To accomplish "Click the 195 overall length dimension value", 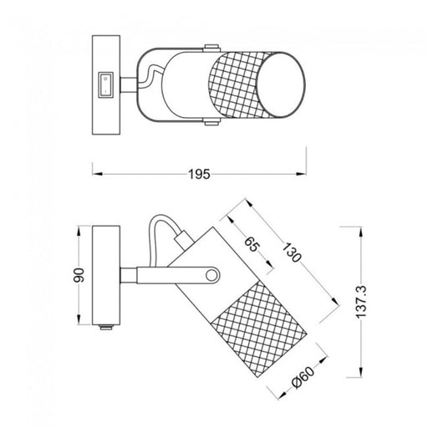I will pos(199,174).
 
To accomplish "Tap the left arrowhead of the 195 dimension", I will pos(94,174).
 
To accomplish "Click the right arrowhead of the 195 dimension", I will pos(304,174).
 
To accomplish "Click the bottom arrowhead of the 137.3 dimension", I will pos(362,374).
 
